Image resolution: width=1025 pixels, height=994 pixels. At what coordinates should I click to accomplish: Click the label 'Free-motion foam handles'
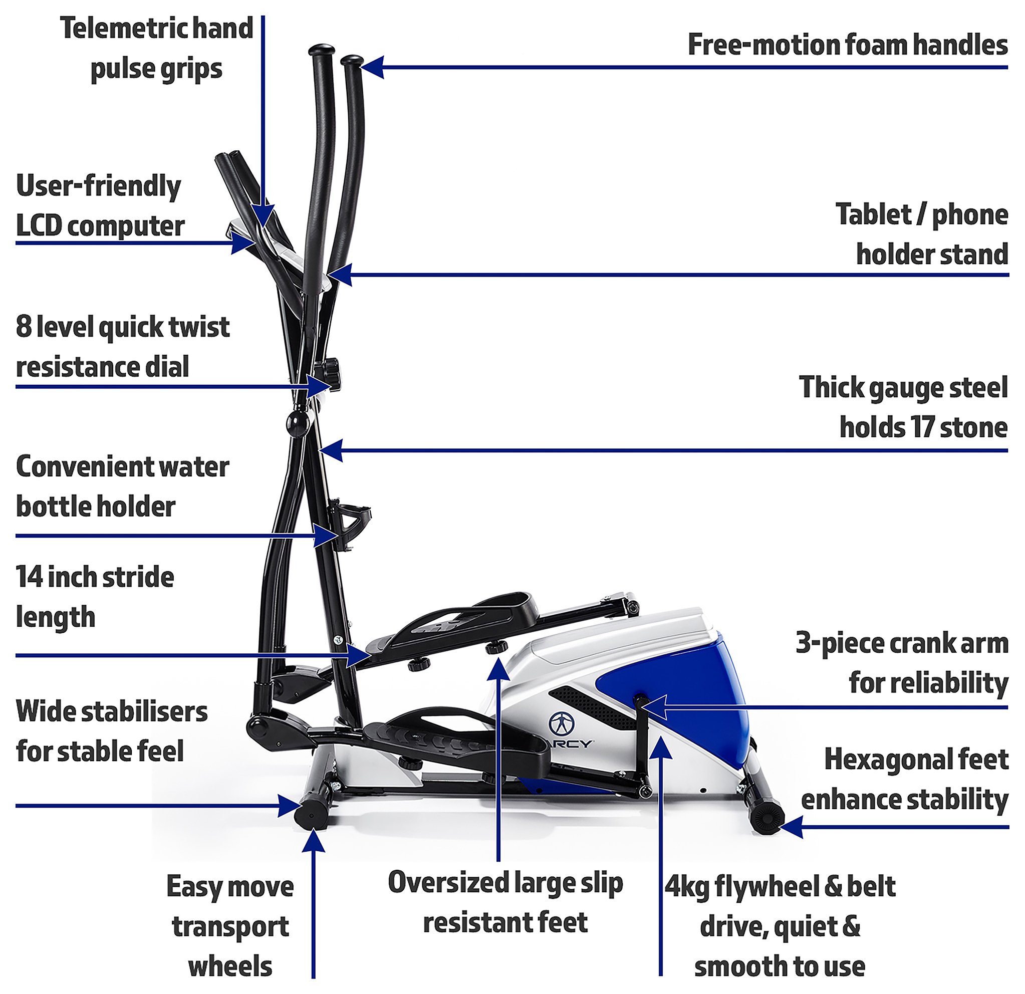[847, 45]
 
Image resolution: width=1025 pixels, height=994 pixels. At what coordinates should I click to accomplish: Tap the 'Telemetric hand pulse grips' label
[156, 49]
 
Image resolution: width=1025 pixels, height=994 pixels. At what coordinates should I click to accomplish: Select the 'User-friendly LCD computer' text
[100, 206]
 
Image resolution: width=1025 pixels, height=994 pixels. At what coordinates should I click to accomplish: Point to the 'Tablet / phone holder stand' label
[921, 234]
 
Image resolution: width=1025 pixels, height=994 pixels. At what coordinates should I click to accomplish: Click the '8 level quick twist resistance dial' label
[122, 347]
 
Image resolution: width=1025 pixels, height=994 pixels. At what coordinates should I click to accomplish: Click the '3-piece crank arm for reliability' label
[902, 663]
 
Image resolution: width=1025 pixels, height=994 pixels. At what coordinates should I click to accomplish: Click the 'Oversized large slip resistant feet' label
[505, 902]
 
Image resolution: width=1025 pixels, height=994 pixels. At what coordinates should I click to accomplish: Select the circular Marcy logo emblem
[562, 723]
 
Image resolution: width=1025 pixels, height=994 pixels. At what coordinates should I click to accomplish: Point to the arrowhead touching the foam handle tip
[372, 67]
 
